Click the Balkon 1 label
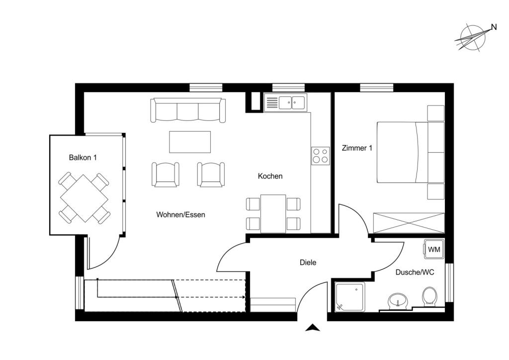[83, 158]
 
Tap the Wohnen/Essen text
[180, 215]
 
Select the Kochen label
[270, 176]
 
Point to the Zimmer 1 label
[357, 148]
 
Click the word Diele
[308, 263]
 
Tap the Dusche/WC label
[415, 272]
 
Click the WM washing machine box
[433, 249]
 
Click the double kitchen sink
[292, 102]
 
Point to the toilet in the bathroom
[429, 297]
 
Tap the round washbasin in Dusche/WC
[398, 300]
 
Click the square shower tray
[350, 296]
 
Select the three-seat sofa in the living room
[188, 110]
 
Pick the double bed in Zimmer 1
[403, 152]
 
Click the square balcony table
[85, 197]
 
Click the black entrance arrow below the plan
[313, 328]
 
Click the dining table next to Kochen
[273, 214]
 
